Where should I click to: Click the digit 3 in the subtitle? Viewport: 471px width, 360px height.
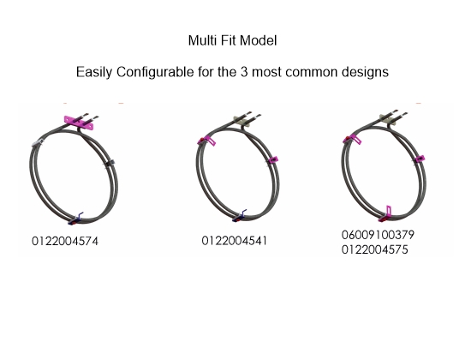point(244,72)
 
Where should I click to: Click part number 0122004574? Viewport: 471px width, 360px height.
point(65,241)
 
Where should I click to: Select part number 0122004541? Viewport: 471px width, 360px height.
point(235,241)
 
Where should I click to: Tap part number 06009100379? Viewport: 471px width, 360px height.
point(378,235)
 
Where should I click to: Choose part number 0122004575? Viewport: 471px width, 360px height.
point(375,250)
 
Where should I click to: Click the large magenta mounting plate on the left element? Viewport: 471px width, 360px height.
point(79,122)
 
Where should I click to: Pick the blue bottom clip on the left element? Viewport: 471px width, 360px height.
point(76,219)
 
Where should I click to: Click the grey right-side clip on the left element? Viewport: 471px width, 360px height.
point(110,163)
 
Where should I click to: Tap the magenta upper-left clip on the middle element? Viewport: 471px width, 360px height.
point(206,141)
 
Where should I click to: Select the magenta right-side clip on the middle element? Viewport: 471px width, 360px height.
point(272,159)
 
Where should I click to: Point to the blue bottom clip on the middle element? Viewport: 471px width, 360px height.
point(240,216)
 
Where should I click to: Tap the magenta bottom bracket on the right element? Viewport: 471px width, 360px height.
point(385,213)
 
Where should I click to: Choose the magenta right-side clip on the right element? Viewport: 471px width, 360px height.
point(420,159)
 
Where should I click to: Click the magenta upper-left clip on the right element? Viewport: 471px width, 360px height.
point(352,139)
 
